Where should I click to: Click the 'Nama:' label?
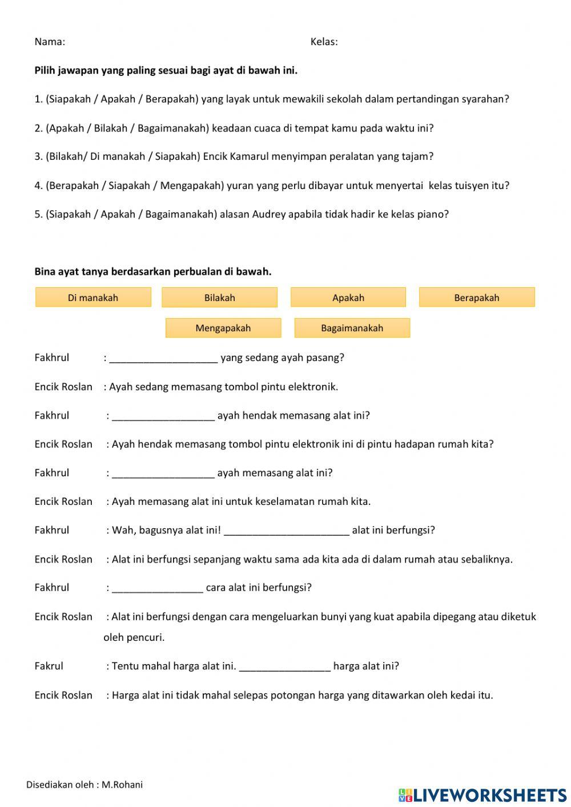tap(50, 42)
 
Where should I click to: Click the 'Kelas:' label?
tap(324, 42)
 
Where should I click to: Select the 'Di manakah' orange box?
tap(93, 298)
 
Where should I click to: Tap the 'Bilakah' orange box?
tap(220, 298)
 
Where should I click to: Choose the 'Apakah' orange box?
tap(348, 298)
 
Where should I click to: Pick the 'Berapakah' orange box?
tap(477, 298)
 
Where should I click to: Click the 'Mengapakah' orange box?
tap(223, 328)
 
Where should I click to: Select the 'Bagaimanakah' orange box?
tap(352, 328)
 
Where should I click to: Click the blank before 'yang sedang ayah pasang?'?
tap(163, 359)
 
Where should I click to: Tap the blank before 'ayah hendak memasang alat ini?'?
tap(163, 416)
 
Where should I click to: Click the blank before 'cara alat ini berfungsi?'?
tap(158, 588)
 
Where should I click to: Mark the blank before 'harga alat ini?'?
tap(284, 667)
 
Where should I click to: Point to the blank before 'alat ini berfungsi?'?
tap(286, 531)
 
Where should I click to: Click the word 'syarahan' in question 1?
tap(486, 99)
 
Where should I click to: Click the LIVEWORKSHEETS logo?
tap(482, 794)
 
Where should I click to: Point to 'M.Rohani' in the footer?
tap(122, 785)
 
